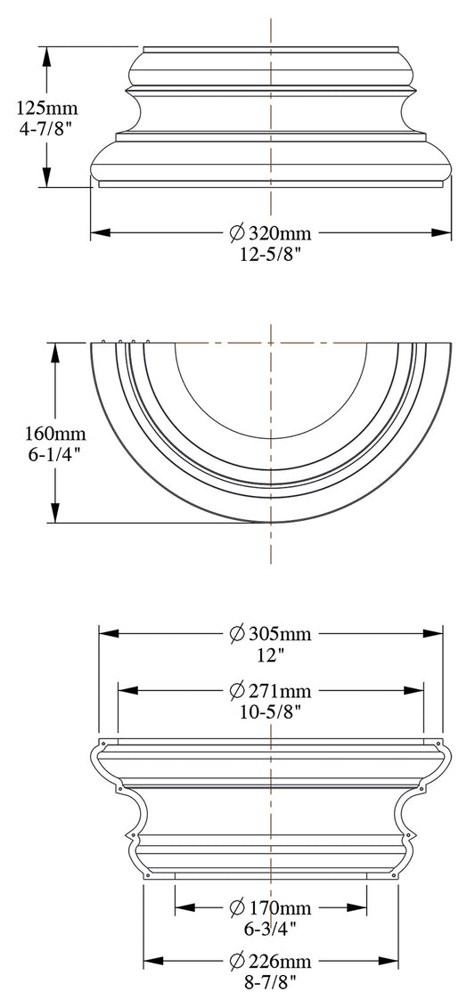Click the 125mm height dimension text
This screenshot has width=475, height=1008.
(47, 109)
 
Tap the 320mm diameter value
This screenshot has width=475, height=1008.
(280, 233)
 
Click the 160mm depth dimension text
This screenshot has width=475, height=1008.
(55, 434)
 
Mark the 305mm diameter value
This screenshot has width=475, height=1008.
(280, 634)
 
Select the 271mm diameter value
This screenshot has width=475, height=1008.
(280, 691)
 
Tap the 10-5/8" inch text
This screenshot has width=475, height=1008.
(271, 711)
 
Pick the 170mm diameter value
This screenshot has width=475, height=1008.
(280, 908)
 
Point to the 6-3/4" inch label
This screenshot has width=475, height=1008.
(271, 928)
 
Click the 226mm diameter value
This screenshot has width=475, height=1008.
(280, 962)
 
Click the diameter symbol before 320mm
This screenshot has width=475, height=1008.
(236, 233)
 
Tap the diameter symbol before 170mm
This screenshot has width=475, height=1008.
(236, 908)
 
